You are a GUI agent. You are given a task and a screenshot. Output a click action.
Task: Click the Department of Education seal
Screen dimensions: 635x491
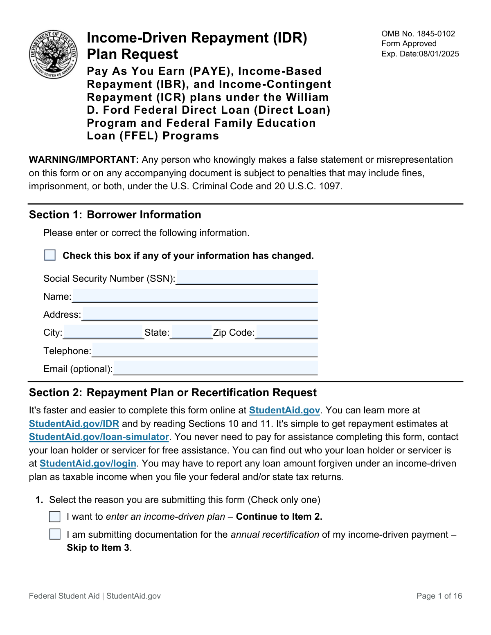(x=53, y=54)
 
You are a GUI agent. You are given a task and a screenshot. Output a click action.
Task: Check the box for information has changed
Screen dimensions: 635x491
(x=50, y=255)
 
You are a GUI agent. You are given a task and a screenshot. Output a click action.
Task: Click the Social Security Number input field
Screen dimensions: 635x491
(x=247, y=278)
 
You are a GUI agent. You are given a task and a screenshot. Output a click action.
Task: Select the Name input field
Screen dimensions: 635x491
(x=195, y=296)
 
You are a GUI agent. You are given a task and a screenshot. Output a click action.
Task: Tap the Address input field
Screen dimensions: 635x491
(x=200, y=314)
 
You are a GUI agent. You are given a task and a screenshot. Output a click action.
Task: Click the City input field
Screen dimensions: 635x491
(x=104, y=332)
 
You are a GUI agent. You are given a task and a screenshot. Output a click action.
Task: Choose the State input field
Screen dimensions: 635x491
(x=191, y=332)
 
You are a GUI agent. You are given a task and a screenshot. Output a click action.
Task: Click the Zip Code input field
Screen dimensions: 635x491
(x=286, y=332)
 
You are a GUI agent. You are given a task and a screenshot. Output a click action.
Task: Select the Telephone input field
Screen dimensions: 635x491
(x=205, y=350)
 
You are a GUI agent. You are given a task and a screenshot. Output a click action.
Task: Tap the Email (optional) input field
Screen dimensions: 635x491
(x=216, y=368)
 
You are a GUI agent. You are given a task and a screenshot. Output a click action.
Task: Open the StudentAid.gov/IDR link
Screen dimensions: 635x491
(x=74, y=424)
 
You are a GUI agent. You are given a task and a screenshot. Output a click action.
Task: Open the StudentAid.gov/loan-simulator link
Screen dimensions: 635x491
(x=99, y=437)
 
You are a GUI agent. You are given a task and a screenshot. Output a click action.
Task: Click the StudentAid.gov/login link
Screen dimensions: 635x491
(x=88, y=463)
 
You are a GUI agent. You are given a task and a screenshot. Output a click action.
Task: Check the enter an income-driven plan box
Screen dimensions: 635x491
(x=55, y=517)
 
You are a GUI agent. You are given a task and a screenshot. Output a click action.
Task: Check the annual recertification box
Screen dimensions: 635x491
(x=55, y=534)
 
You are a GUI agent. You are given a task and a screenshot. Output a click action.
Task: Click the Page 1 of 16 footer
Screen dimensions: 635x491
(x=439, y=596)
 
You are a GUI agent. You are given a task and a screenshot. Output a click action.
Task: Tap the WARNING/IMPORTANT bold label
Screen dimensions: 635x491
(x=84, y=159)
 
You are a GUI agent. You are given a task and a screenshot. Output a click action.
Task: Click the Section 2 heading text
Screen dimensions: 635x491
(x=173, y=393)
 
